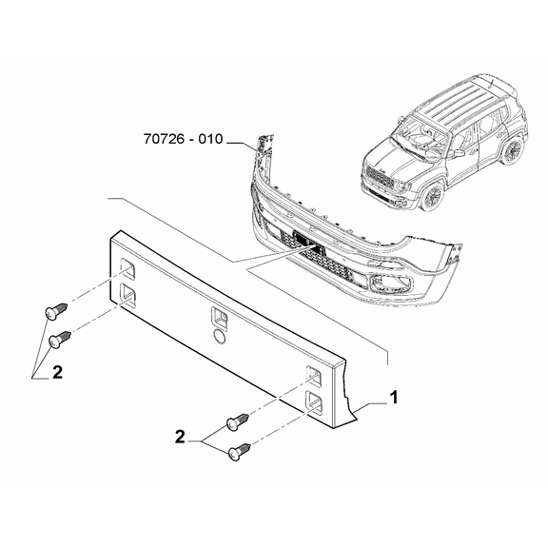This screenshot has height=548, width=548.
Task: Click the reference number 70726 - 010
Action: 183,139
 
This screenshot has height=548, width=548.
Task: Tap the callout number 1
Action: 394,398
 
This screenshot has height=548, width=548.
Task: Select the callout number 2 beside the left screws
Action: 57,372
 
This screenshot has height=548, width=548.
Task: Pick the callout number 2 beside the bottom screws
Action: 180,438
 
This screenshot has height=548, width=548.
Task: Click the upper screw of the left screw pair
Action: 56,311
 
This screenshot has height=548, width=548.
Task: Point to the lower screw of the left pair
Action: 60,340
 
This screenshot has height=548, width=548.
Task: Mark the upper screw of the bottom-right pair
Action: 238,421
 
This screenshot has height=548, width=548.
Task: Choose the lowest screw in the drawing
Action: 240,452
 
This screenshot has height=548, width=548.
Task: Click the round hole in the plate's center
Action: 220,336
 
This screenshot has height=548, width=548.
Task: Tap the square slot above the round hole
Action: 219,318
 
